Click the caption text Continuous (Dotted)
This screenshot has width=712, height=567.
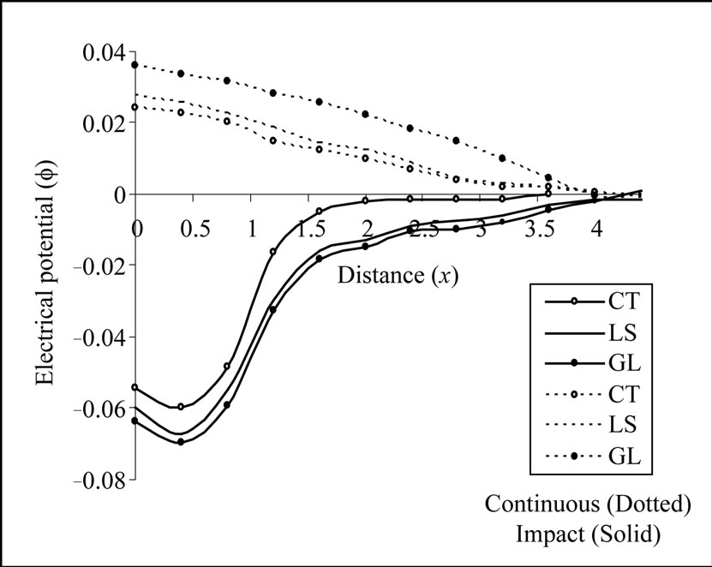[588, 504]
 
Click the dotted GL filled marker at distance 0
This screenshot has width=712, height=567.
[135, 65]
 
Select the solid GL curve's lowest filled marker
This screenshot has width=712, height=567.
[181, 442]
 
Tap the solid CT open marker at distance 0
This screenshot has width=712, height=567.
[135, 387]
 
